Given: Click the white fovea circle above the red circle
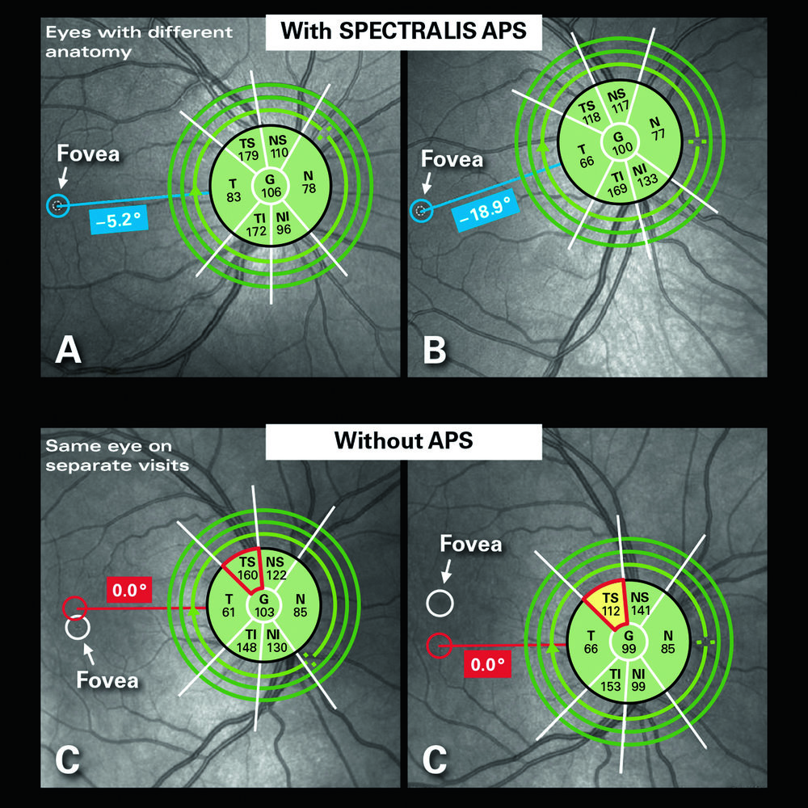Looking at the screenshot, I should tap(441, 602).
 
